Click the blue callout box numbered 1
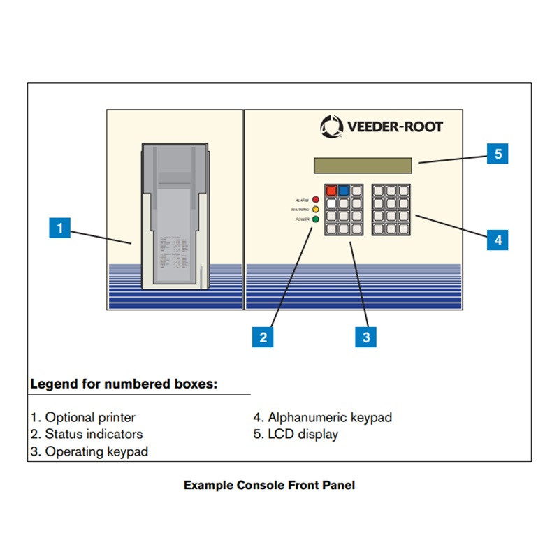click(59, 228)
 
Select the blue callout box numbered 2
click(263, 337)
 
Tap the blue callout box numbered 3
click(365, 337)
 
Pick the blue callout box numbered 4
click(498, 240)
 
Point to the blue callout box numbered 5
click(498, 153)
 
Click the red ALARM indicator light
click(315, 199)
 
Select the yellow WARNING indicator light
click(315, 209)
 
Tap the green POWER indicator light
click(315, 219)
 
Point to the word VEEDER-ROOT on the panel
click(394, 127)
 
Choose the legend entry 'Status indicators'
click(86, 435)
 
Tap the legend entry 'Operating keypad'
click(89, 451)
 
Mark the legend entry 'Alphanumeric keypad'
click(322, 418)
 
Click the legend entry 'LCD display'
click(296, 435)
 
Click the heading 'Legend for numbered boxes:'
click(124, 384)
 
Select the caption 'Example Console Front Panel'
click(269, 485)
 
